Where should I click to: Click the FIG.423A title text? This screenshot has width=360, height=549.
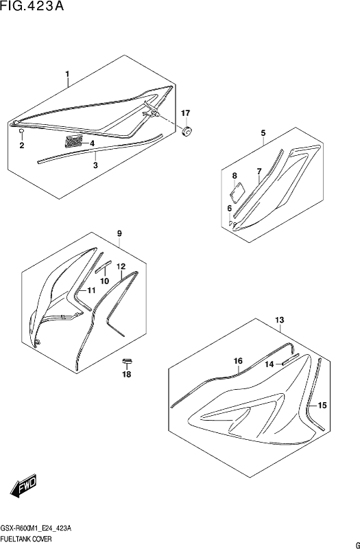[x=32, y=6]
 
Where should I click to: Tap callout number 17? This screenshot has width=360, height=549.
[x=185, y=113]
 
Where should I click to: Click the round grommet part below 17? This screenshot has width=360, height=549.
[x=187, y=131]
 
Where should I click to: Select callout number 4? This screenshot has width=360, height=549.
[x=92, y=143]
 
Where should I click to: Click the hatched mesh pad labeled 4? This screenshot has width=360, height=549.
[x=74, y=141]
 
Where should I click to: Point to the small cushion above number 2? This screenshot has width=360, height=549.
[x=21, y=130]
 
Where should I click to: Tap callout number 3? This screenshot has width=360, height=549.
[x=95, y=165]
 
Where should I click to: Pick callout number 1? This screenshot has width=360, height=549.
[x=67, y=74]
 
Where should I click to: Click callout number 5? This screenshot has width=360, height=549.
[x=263, y=133]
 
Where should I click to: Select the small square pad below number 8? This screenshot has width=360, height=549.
[x=237, y=191]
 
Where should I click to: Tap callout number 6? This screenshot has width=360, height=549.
[x=230, y=209]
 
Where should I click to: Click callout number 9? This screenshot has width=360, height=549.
[x=119, y=233]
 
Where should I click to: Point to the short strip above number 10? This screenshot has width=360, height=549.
[x=104, y=266]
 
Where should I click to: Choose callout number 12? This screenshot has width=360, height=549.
[x=121, y=266]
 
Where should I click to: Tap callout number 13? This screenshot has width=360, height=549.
[x=280, y=320]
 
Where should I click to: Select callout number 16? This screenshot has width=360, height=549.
[x=238, y=361]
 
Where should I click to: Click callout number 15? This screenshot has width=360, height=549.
[x=322, y=406]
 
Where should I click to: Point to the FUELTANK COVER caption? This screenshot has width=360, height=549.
[x=27, y=539]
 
